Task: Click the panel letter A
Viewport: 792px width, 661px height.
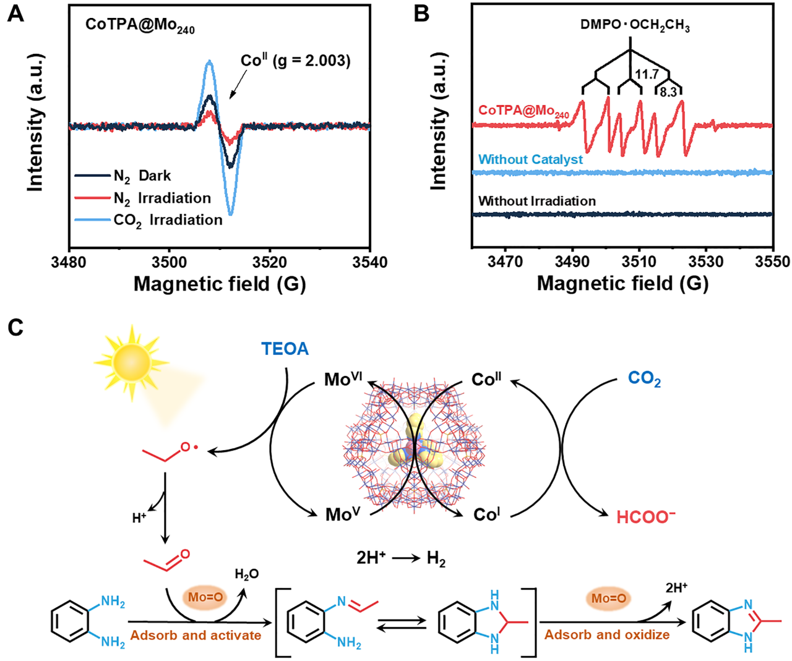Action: (15, 14)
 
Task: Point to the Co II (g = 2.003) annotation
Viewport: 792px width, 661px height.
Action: (295, 61)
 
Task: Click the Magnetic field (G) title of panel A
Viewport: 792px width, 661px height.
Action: (220, 284)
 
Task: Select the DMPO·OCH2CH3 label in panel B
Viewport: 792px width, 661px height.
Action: (635, 25)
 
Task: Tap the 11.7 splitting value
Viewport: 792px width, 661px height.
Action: (646, 75)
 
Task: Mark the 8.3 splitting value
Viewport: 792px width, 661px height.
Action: (668, 93)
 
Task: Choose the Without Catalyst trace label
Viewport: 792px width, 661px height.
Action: (530, 160)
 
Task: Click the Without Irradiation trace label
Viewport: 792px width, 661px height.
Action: (537, 201)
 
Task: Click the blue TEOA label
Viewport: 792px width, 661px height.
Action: (285, 349)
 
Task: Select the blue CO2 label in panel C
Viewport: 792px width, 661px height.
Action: (644, 378)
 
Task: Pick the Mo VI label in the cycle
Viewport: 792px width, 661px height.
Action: (343, 379)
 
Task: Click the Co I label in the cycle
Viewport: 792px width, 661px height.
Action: (486, 514)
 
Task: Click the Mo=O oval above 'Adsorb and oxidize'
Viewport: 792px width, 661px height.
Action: (608, 598)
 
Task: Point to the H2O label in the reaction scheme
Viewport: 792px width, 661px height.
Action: (246, 574)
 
